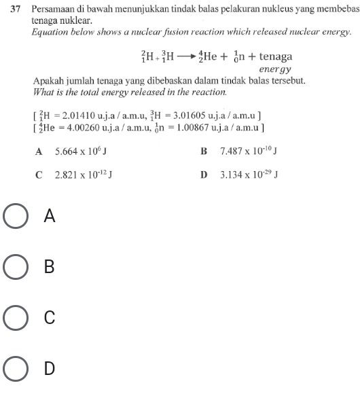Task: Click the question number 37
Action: pyautogui.click(x=15, y=12)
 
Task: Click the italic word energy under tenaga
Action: pyautogui.click(x=274, y=69)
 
